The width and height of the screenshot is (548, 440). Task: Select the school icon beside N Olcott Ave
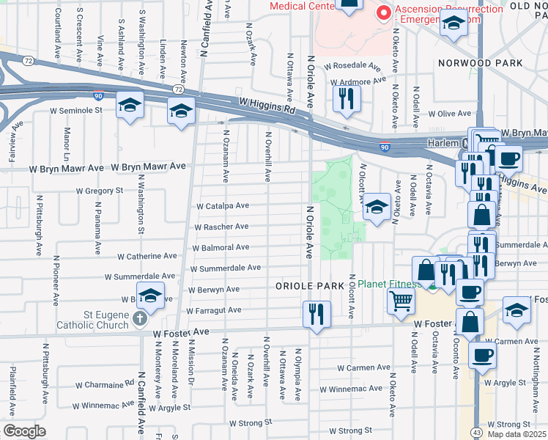tap(377, 208)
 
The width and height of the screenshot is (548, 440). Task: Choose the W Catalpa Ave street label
tap(223, 206)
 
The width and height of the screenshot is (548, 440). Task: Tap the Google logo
tap(24, 430)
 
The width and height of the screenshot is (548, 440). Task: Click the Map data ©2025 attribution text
tap(516, 435)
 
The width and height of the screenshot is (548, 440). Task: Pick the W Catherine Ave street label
tap(147, 257)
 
